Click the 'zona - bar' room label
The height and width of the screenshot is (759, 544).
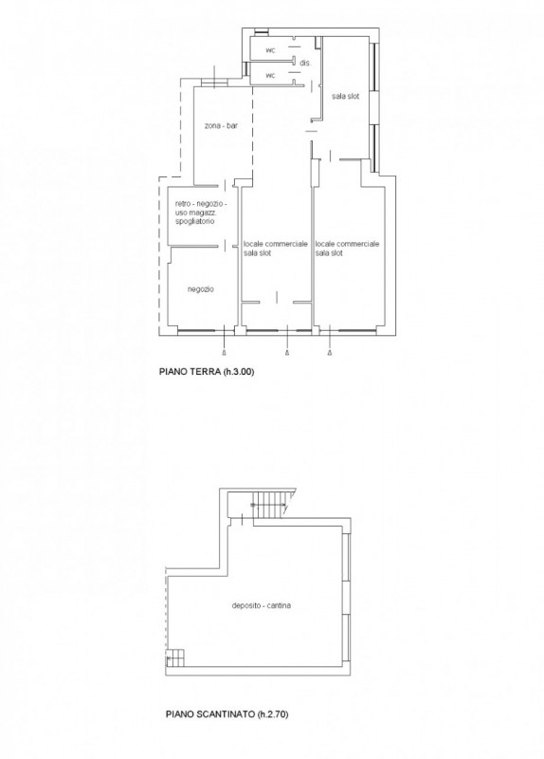[221, 126]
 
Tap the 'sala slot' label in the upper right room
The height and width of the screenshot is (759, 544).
[345, 97]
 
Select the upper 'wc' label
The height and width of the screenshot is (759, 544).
[270, 50]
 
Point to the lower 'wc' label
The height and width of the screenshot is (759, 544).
[270, 75]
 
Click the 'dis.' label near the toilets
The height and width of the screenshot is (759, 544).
[304, 63]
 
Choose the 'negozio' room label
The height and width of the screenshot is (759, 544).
[200, 289]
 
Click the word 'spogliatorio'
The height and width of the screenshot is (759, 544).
[195, 221]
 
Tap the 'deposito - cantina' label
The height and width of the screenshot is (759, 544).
[262, 605]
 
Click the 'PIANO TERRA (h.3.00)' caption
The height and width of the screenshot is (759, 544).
[207, 372]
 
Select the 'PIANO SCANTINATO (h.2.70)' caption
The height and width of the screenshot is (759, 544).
[227, 714]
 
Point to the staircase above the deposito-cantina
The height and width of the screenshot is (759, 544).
[271, 504]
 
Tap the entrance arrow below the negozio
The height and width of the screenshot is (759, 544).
[224, 351]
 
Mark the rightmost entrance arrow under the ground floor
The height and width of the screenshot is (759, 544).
[330, 351]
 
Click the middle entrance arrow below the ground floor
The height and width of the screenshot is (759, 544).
[287, 351]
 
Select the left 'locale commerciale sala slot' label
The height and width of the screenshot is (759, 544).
[275, 249]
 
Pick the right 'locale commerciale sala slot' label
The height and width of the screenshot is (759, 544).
[347, 249]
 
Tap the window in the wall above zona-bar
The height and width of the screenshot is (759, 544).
[215, 83]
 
